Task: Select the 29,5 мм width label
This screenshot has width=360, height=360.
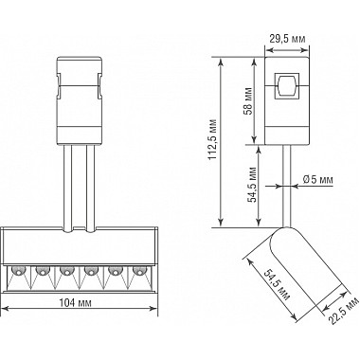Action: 288,39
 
